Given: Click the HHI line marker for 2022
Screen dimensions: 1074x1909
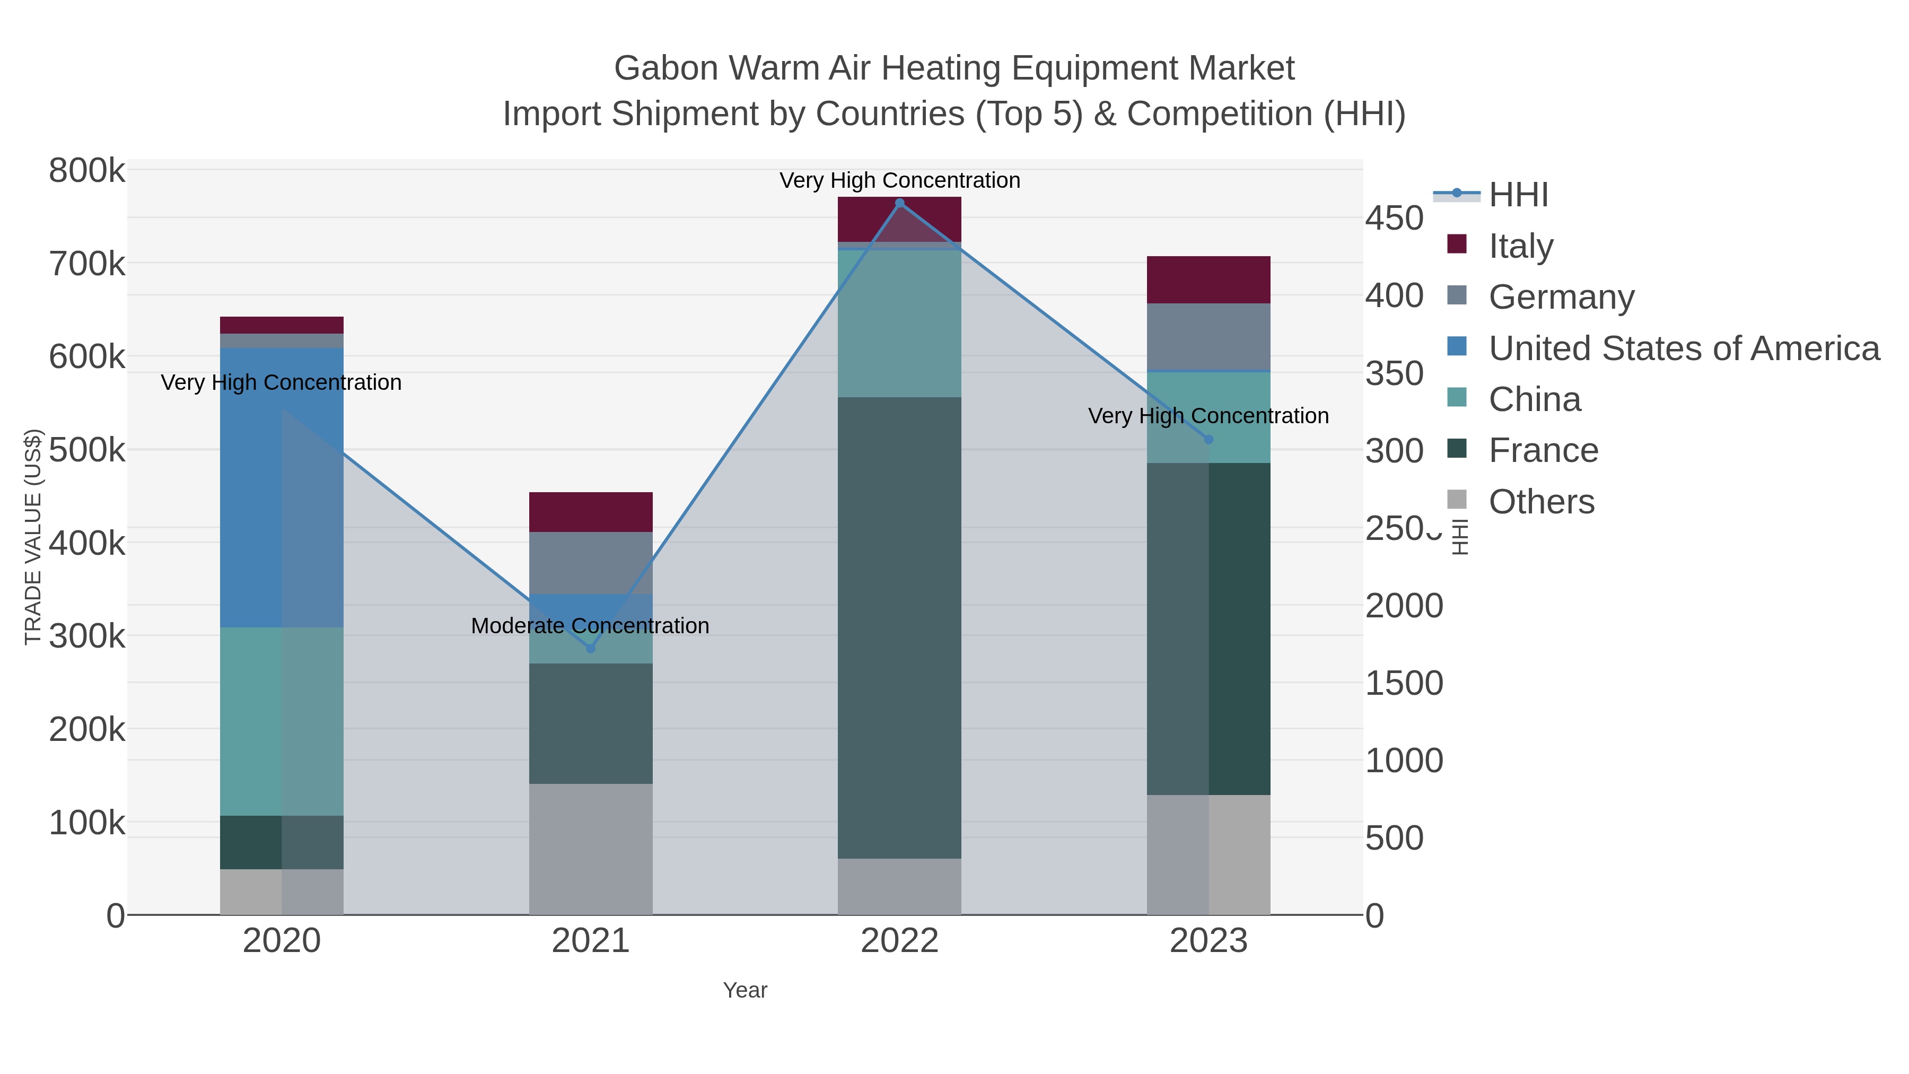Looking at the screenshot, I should (x=900, y=203).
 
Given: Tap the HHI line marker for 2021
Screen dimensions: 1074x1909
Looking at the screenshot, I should (x=591, y=649).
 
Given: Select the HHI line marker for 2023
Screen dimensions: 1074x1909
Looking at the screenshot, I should (x=1209, y=440).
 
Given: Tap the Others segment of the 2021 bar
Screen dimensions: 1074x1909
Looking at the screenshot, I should (x=591, y=849).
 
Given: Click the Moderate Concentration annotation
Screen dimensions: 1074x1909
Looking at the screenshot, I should (x=590, y=626).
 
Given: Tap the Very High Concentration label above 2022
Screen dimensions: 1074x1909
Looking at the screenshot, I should (x=900, y=180).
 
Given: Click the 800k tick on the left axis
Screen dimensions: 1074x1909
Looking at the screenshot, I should (x=87, y=171).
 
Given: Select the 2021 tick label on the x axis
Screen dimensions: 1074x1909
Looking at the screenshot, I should (x=591, y=941).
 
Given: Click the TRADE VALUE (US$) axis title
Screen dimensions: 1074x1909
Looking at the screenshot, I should (x=33, y=537).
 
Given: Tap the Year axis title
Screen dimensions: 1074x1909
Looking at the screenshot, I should (x=745, y=990).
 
